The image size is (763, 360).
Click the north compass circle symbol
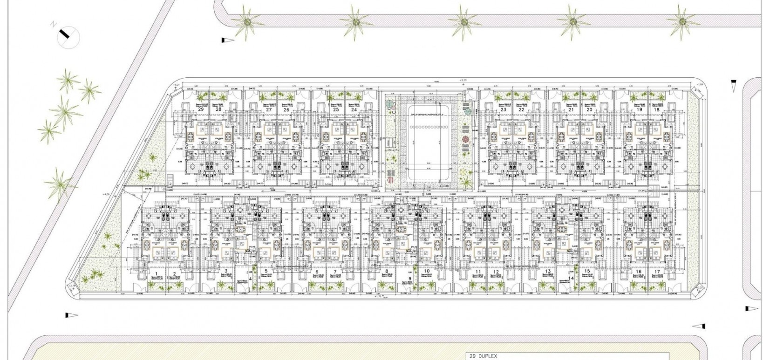tap(68, 36)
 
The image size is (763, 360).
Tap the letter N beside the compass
tap(54, 23)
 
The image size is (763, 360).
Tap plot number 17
tap(657, 272)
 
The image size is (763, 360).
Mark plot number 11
tap(478, 272)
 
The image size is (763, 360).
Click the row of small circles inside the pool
tap(429, 127)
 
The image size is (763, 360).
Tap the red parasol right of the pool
tap(466, 140)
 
